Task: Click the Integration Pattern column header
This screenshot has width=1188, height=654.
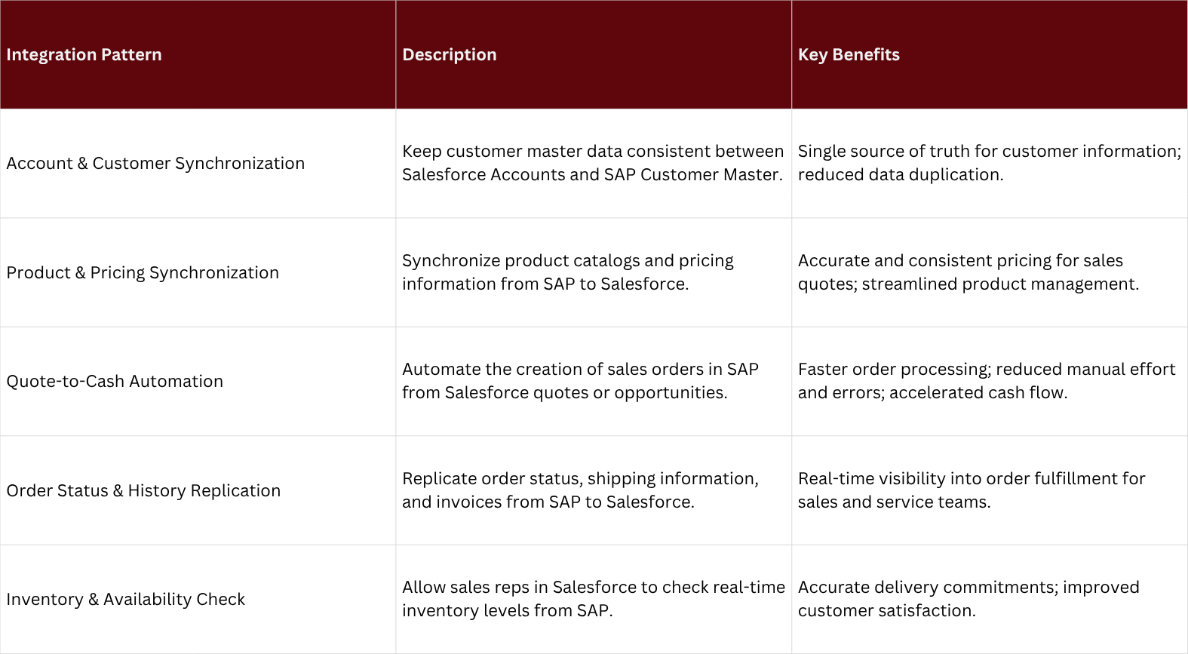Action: point(84,55)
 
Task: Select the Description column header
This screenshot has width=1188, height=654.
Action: point(450,55)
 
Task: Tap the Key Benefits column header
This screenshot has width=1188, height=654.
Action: point(849,55)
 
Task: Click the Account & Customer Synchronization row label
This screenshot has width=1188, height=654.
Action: point(155,164)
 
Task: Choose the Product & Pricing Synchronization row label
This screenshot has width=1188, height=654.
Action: point(143,273)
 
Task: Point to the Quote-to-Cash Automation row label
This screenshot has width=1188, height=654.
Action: point(115,382)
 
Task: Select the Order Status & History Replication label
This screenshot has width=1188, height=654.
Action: point(143,491)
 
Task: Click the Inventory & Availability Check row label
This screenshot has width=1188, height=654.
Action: point(126,600)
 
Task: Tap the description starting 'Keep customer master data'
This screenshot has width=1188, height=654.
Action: point(593,163)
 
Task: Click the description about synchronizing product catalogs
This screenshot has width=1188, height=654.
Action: point(568,272)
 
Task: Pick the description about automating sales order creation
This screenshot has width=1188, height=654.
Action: point(580,381)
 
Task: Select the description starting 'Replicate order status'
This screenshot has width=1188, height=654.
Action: point(580,490)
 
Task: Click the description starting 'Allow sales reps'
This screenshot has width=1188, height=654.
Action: point(594,599)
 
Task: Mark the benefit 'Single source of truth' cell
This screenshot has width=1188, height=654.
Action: point(989,163)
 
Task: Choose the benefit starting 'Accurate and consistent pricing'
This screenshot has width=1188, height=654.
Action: point(969,272)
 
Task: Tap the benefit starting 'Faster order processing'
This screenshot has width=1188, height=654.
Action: point(987,381)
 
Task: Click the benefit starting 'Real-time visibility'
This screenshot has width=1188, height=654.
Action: point(972,490)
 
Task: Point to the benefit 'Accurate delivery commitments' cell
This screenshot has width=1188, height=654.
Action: point(969,599)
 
